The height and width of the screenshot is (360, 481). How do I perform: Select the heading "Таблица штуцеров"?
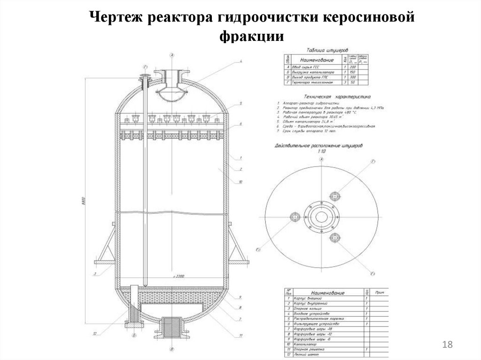[x=327, y=49]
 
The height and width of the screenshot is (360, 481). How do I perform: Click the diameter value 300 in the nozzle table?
[x=353, y=77]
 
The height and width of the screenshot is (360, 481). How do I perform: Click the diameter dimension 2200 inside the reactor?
[x=177, y=277]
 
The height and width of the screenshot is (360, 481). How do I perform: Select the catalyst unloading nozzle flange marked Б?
[x=134, y=324]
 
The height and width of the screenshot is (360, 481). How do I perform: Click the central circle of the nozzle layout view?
[x=322, y=216]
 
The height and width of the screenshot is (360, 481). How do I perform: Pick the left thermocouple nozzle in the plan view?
[x=295, y=217]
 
